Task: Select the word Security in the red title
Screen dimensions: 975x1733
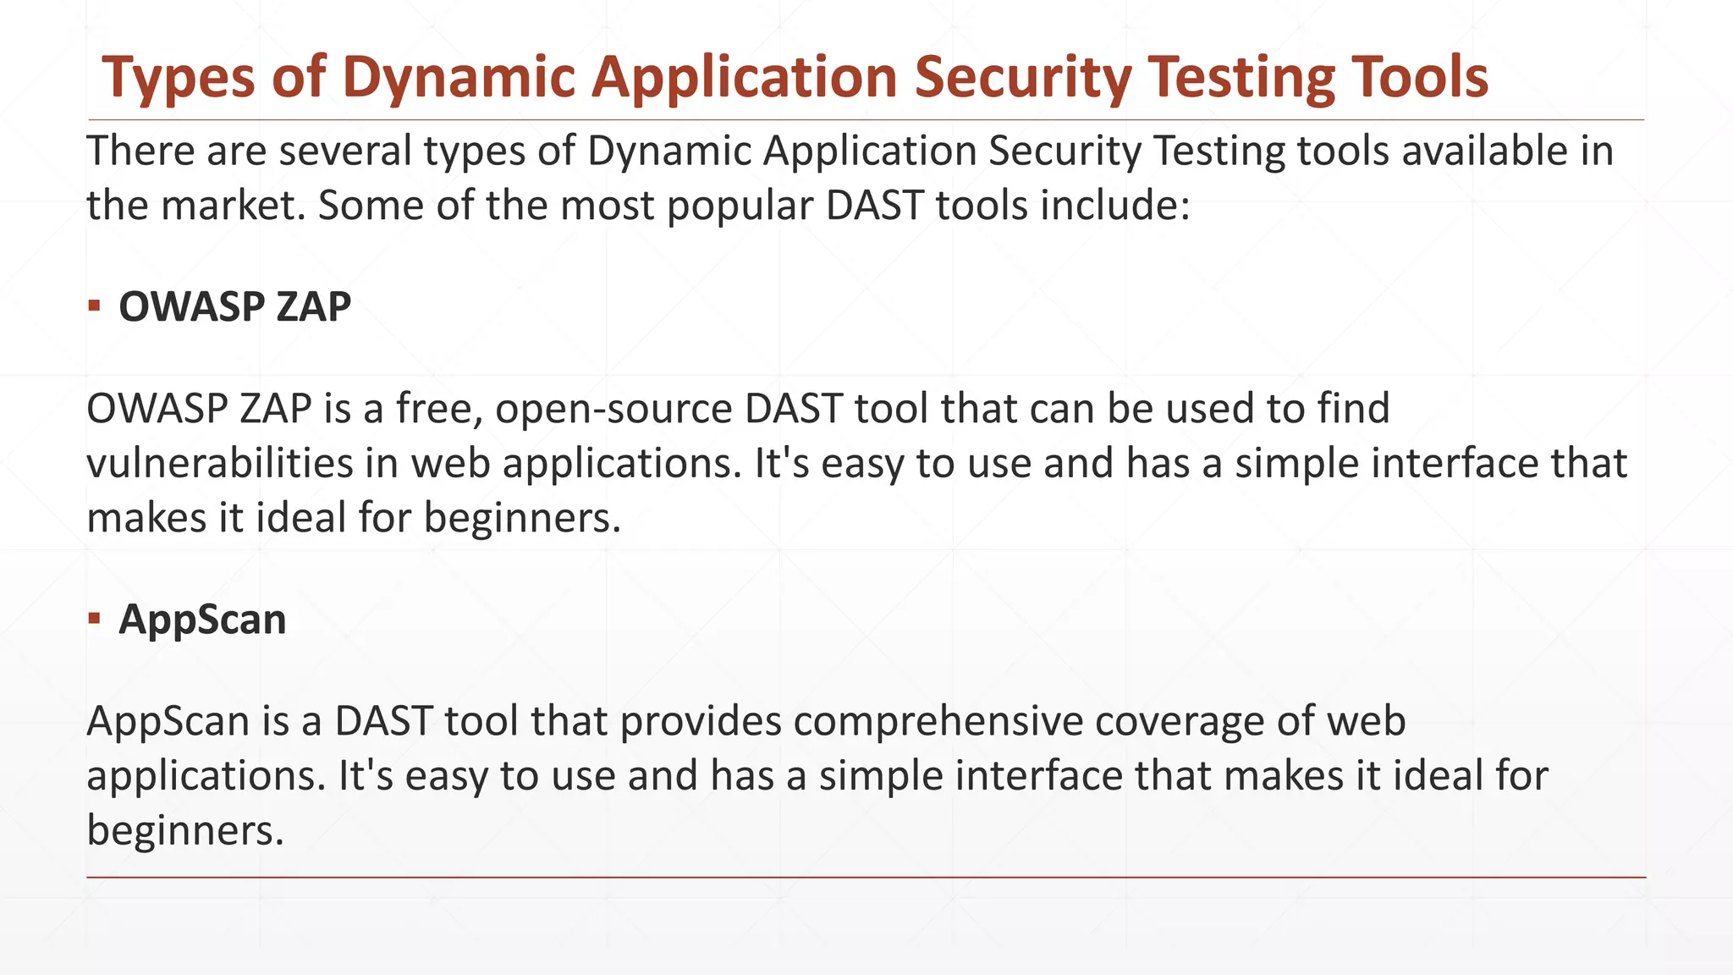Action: (1022, 78)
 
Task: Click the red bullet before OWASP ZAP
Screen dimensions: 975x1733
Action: (94, 306)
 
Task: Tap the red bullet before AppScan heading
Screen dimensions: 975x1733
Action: (94, 619)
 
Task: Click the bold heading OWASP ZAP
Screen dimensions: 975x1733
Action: (234, 306)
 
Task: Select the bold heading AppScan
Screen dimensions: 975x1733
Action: (202, 620)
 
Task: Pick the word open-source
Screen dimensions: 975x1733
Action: (613, 409)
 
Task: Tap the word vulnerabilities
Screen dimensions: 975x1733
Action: (219, 464)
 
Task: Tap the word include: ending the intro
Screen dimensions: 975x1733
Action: (1114, 206)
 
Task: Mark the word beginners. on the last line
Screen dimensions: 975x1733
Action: (184, 830)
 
